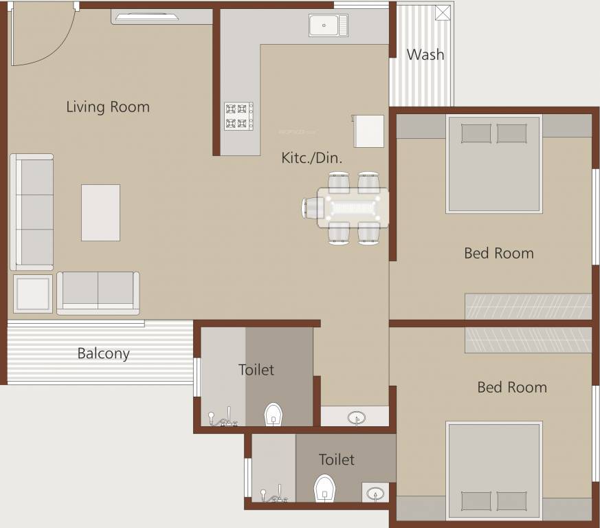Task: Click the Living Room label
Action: [108, 107]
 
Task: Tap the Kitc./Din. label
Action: [312, 157]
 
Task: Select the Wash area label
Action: [425, 54]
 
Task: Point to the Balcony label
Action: [103, 353]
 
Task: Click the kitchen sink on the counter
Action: [328, 25]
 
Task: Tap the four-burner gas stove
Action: [238, 116]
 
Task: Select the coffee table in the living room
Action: [100, 212]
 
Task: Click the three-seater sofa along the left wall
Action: [32, 212]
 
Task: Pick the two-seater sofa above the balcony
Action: [98, 292]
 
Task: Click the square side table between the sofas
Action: [33, 294]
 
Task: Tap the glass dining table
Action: [353, 208]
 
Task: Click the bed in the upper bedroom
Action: [494, 164]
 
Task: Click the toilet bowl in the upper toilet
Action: [274, 415]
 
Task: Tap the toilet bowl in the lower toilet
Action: [324, 488]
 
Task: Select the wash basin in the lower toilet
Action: [375, 492]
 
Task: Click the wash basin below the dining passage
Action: [356, 417]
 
